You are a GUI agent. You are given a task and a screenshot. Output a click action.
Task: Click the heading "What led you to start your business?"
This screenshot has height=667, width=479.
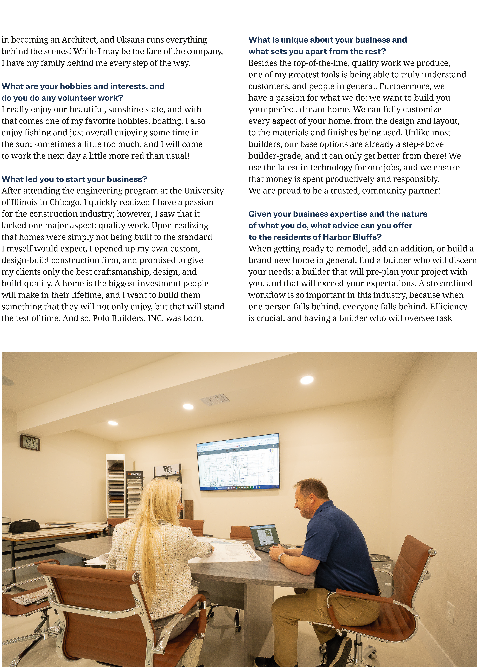(74, 179)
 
